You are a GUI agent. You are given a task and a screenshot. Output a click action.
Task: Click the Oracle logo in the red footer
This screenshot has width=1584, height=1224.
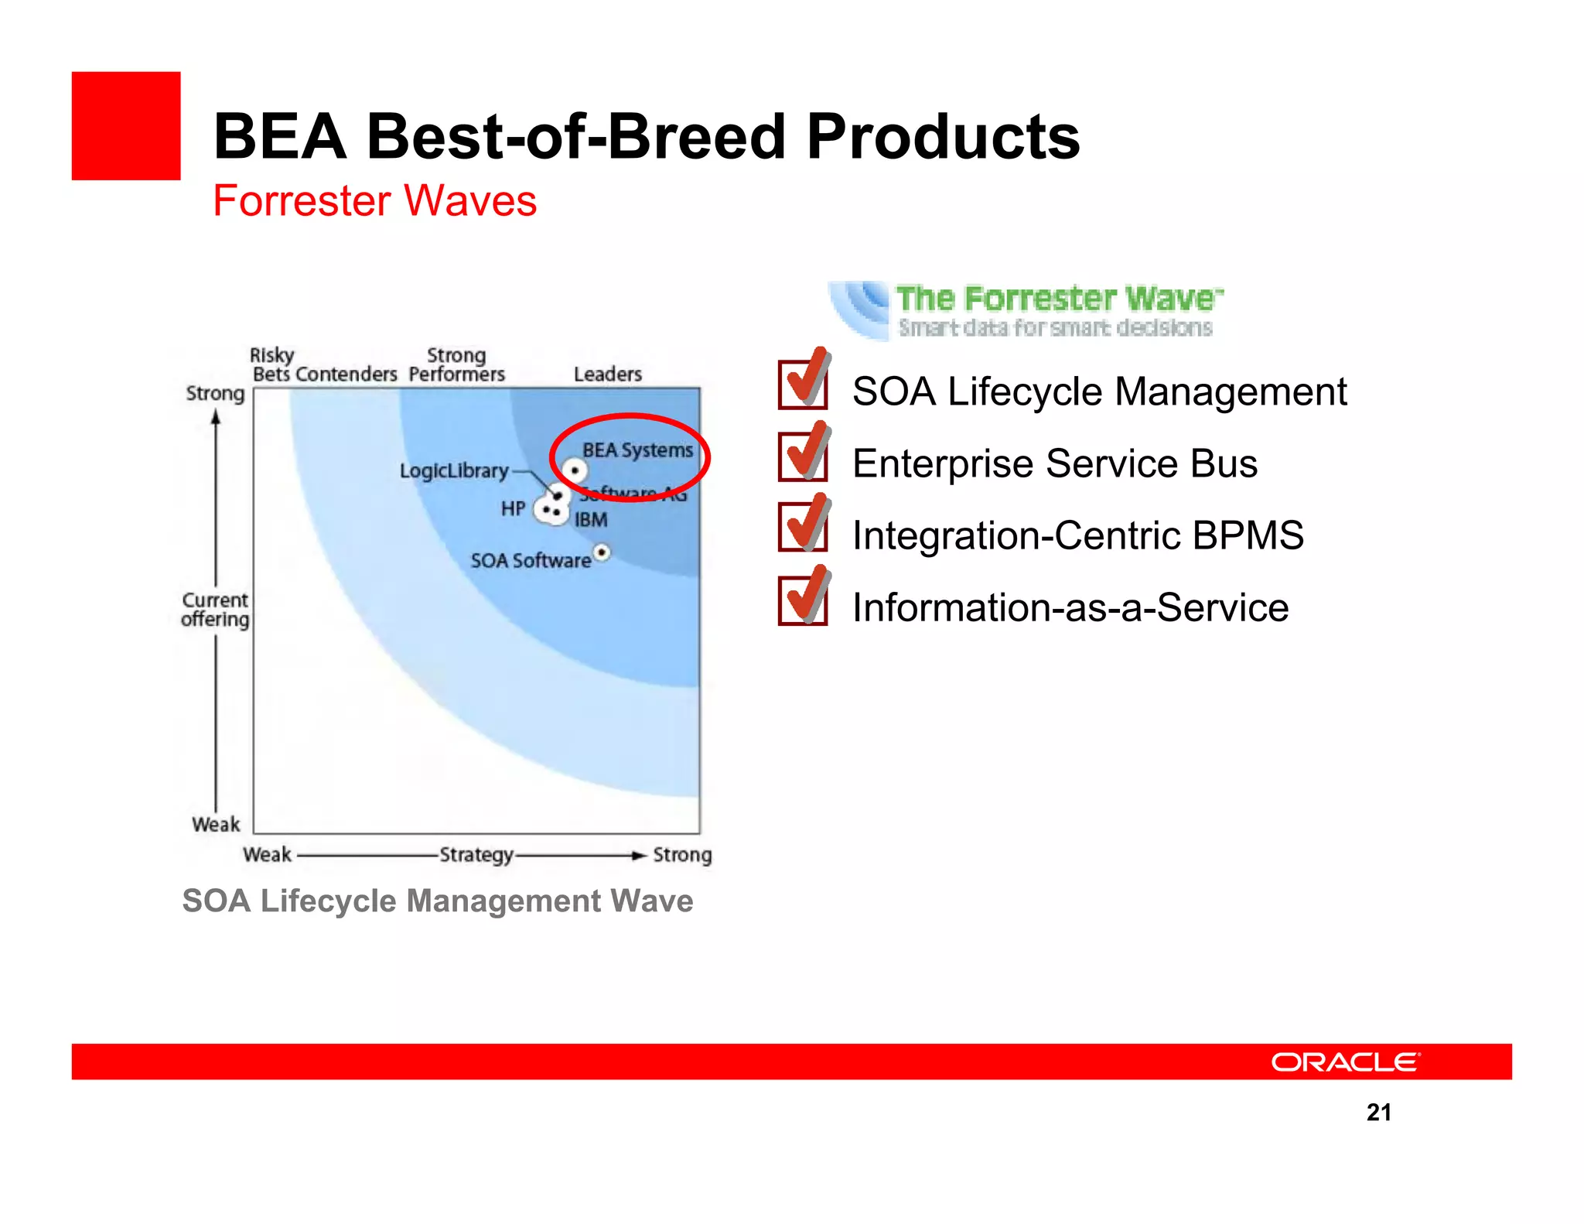pos(1345,1062)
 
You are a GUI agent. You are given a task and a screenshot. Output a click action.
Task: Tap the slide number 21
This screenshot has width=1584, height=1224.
pos(1378,1112)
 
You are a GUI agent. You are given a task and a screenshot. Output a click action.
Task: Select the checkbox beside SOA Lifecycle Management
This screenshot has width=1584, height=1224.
pos(802,385)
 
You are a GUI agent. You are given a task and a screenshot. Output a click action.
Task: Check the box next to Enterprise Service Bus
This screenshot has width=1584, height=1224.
pos(802,456)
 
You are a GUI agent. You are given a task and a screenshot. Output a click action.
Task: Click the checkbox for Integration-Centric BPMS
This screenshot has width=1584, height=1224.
pos(802,528)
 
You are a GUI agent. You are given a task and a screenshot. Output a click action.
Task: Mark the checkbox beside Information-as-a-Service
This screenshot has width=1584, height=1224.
pos(802,600)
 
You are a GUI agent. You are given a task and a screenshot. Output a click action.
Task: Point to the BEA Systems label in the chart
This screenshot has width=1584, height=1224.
pos(637,450)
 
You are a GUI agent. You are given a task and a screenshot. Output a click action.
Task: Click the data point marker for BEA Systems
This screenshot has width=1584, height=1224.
pos(575,470)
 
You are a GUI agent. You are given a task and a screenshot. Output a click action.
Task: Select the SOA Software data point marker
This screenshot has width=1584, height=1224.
pos(602,552)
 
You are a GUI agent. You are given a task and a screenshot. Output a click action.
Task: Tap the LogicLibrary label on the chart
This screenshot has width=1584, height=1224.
pos(454,470)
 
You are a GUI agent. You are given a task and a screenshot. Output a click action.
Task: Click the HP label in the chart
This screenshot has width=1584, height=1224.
pos(513,508)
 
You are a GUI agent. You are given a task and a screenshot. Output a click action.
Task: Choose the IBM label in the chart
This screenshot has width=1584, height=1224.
pos(591,520)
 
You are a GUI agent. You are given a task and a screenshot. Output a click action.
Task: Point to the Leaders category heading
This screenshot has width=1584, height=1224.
pos(607,374)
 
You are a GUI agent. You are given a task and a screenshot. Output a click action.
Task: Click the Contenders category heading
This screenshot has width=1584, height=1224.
pos(346,374)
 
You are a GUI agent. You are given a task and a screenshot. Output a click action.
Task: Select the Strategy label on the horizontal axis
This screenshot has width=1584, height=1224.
pos(476,855)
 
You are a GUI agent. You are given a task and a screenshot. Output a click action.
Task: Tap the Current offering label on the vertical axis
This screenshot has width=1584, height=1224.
pos(215,610)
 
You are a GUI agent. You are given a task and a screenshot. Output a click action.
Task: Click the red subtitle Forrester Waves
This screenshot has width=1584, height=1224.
pos(374,201)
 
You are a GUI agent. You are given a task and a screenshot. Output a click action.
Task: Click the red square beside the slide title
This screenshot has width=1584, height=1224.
pos(126,126)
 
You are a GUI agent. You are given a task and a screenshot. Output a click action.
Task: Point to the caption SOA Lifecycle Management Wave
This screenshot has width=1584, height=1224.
pos(438,901)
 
